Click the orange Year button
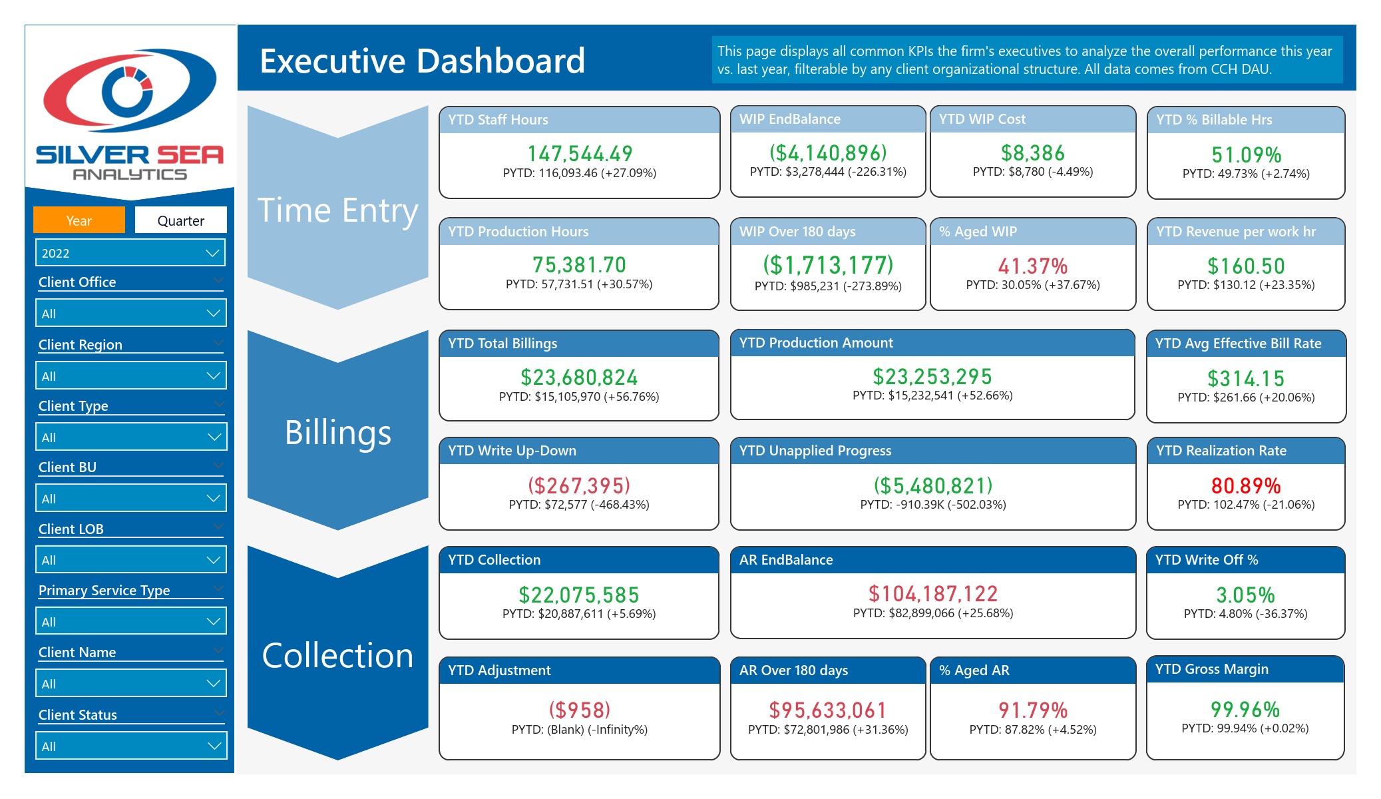click(x=79, y=220)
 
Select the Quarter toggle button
click(x=180, y=220)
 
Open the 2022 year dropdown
click(x=130, y=253)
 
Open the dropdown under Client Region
click(x=130, y=376)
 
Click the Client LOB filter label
click(x=71, y=529)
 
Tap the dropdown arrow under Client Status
click(x=214, y=746)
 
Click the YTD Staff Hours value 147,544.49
click(x=580, y=154)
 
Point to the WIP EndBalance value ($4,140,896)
click(x=828, y=152)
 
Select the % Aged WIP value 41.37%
click(x=1033, y=266)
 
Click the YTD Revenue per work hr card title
click(x=1236, y=232)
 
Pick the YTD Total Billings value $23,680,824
click(x=579, y=378)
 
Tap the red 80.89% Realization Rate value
click(x=1246, y=485)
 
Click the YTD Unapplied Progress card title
click(x=815, y=451)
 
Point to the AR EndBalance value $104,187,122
click(x=933, y=593)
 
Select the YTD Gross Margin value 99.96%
click(x=1245, y=709)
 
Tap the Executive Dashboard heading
click(x=422, y=61)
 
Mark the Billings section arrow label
click(x=338, y=432)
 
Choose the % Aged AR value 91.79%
click(x=1033, y=710)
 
